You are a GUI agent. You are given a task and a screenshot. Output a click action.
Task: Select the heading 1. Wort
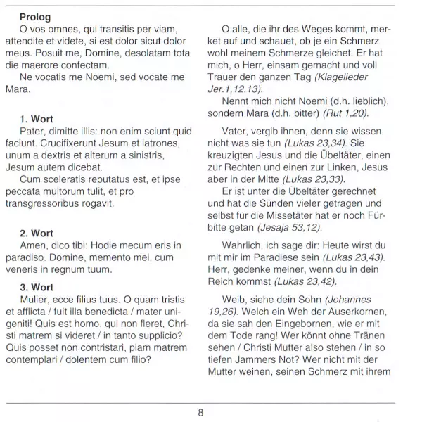pos(37,119)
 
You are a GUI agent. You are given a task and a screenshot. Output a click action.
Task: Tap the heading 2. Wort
pos(37,233)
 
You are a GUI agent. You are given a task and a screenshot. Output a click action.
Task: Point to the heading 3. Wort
pos(37,288)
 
